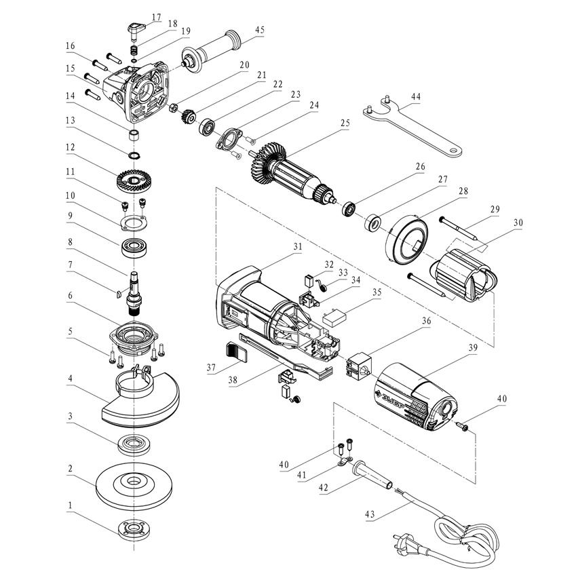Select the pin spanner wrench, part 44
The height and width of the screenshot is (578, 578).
(x=414, y=128)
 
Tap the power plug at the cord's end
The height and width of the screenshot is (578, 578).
(x=400, y=541)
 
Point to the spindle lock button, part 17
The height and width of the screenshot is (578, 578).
(x=134, y=28)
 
